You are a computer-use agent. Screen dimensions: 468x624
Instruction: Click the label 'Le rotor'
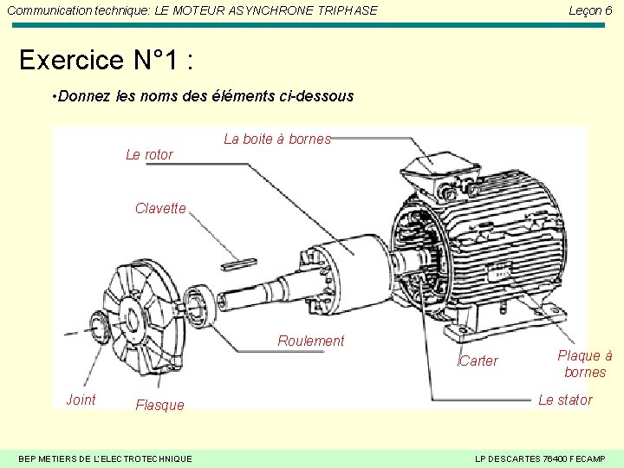[149, 155]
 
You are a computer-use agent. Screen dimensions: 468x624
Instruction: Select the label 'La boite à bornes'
[277, 139]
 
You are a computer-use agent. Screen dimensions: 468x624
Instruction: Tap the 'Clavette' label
[160, 209]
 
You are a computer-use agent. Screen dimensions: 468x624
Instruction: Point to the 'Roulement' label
[310, 341]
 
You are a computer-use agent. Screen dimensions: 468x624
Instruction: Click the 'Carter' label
[478, 361]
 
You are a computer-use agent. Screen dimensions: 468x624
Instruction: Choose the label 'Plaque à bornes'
[584, 364]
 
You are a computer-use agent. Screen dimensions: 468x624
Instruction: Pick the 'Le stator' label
[565, 400]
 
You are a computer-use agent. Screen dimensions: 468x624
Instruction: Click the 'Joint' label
[81, 400]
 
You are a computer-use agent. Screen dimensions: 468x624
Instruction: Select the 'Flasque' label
[159, 406]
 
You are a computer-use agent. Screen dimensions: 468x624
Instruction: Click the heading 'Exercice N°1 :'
[106, 61]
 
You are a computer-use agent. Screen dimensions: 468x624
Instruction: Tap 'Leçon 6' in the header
[589, 10]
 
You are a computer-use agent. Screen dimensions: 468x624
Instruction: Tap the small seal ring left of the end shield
[94, 328]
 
